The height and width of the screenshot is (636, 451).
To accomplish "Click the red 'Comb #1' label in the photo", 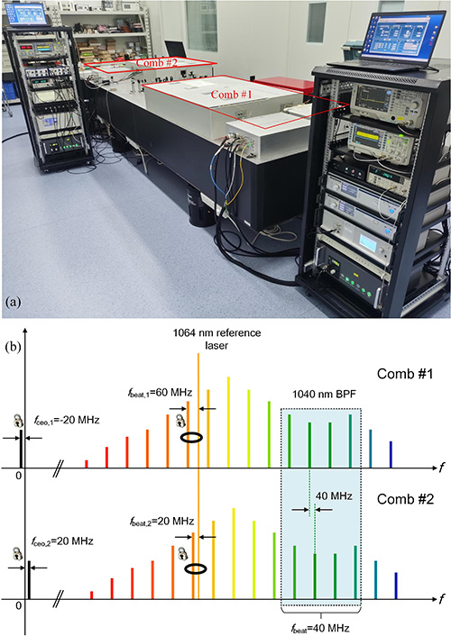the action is [231, 95].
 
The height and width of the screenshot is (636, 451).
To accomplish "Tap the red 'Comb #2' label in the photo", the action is [156, 62].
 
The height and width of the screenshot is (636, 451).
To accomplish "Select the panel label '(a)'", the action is [14, 302].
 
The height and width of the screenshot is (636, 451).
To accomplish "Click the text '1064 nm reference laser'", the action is [216, 339].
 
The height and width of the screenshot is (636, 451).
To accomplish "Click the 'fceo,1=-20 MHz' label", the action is [67, 420].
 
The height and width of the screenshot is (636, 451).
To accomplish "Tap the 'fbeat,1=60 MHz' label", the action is [159, 393].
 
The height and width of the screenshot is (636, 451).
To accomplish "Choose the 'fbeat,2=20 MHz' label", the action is [161, 522].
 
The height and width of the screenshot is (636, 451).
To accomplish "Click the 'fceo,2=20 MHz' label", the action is [62, 541].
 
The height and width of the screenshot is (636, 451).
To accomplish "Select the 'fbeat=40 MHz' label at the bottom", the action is [320, 628].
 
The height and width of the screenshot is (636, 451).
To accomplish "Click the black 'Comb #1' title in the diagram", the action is [405, 374].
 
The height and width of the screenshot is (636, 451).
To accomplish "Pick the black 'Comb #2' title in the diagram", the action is [405, 499].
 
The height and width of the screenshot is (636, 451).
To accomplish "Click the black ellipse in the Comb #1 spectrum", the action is [192, 437].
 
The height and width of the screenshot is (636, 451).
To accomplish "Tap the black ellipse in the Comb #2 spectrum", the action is [196, 568].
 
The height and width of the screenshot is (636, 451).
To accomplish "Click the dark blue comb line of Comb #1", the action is [391, 454].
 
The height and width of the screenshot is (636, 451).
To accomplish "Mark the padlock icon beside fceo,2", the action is [16, 553].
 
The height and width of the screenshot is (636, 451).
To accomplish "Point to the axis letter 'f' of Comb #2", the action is [442, 599].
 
